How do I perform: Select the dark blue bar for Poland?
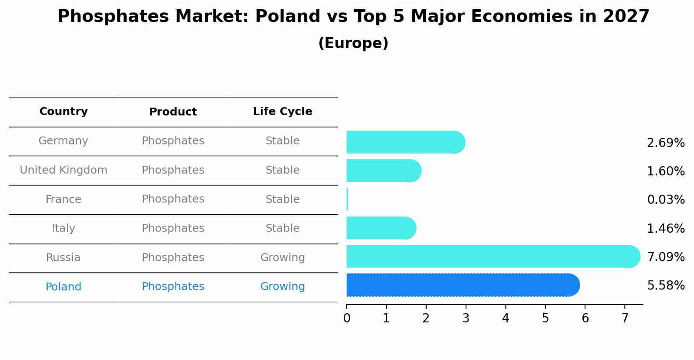462,285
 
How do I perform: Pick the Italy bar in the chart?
381,228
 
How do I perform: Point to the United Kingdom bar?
383,171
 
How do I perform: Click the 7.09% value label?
666,257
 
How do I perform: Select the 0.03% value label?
666,199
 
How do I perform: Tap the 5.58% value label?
666,286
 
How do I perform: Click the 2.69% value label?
666,143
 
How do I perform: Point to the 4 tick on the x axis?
505,318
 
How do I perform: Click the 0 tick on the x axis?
347,318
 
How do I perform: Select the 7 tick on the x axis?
625,318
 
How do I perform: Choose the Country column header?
63,112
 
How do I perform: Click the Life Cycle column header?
282,112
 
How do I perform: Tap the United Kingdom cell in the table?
63,170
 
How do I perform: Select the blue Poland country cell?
63,287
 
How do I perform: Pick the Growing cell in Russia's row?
282,258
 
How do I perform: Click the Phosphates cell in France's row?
173,199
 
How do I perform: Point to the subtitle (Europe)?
353,43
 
